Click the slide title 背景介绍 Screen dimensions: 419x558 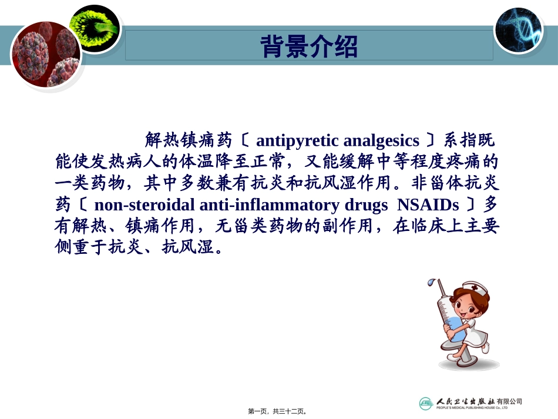coord(309,47)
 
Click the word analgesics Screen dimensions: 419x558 coord(381,141)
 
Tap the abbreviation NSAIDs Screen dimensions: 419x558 coord(428,205)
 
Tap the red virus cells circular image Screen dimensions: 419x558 coord(46,55)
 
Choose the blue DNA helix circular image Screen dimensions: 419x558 coord(518,29)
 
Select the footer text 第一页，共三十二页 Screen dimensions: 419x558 coord(278,411)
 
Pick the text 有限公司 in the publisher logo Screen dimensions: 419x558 coord(509,401)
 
